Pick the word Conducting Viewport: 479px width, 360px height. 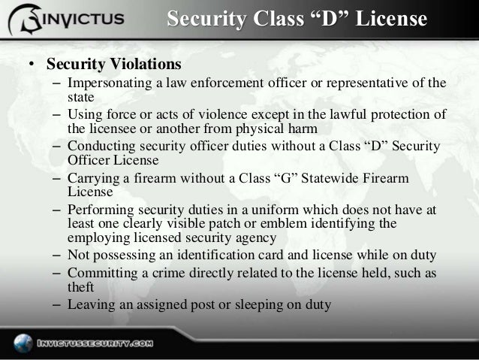pos(99,147)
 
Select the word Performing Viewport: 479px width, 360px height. pos(98,211)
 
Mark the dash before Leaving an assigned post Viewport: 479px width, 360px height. pos(57,305)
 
